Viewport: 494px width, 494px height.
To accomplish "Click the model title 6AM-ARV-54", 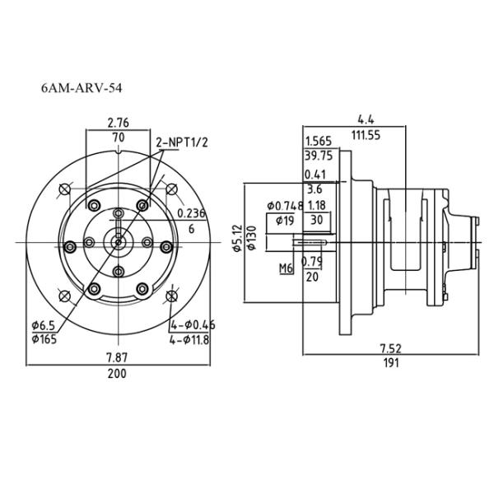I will tap(82, 86).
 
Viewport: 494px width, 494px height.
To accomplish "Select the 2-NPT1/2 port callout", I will tap(182, 142).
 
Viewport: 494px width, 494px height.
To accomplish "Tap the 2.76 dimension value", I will tap(118, 123).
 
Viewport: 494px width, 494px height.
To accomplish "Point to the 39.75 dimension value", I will tap(318, 156).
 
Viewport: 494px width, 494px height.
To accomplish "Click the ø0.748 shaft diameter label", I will tap(286, 205).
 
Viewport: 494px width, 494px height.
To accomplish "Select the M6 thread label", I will tap(286, 268).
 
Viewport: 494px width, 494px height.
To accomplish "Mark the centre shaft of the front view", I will tap(119, 241).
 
